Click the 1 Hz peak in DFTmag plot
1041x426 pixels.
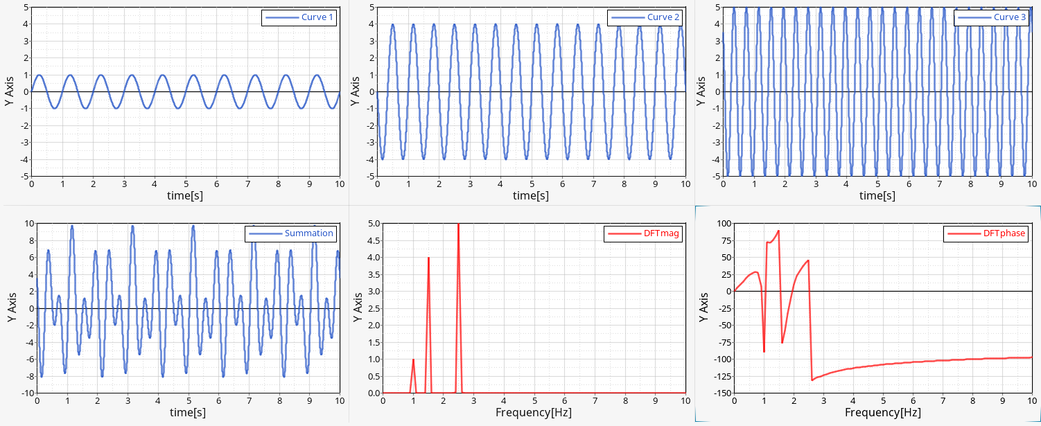[413, 360]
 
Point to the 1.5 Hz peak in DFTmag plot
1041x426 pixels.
[428, 258]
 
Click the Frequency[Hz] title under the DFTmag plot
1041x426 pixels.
[534, 413]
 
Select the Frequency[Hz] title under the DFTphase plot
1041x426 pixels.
[882, 413]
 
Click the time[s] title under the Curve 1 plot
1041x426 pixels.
[185, 196]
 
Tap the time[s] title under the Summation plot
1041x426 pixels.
[188, 413]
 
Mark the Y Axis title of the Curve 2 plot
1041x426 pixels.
[355, 91]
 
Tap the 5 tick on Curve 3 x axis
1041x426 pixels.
[877, 184]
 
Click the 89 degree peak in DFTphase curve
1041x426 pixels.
[779, 231]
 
